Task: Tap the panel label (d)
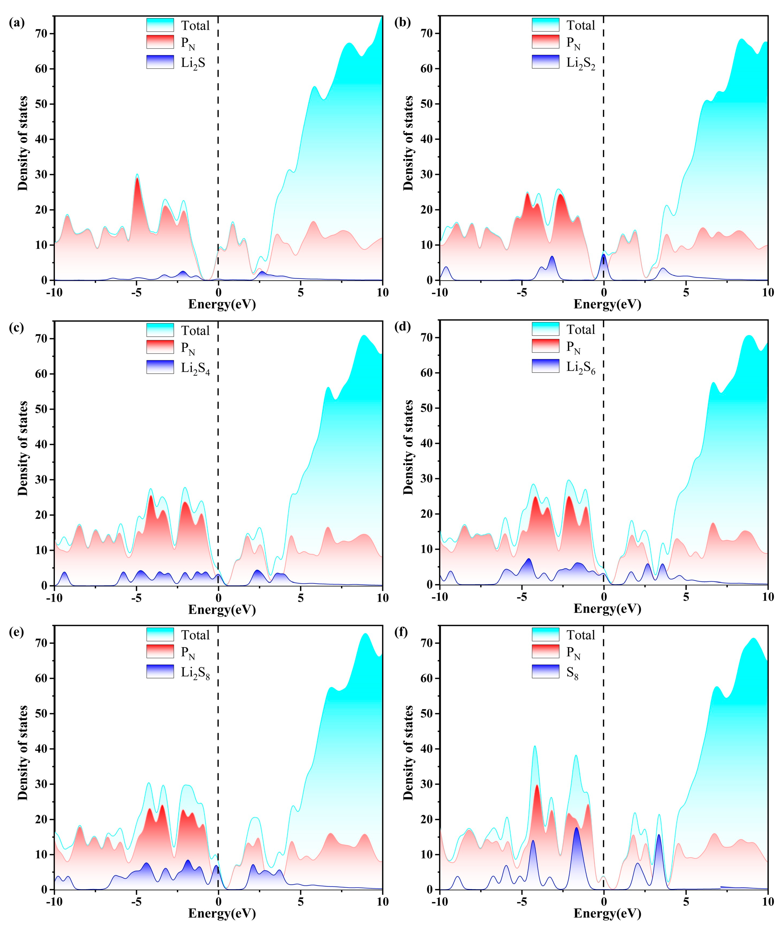(x=402, y=327)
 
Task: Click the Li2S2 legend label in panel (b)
(x=581, y=63)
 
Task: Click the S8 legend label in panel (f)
(x=572, y=673)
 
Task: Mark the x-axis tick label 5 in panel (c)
(x=301, y=598)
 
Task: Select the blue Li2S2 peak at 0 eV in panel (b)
(x=604, y=255)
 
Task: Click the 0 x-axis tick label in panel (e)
(x=218, y=902)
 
